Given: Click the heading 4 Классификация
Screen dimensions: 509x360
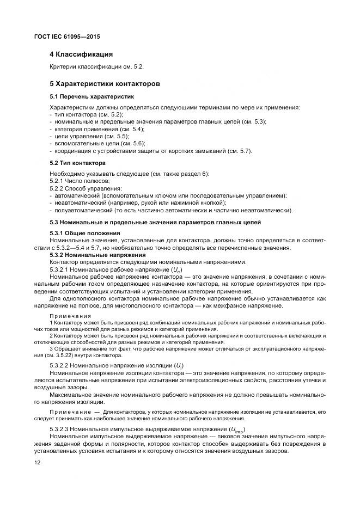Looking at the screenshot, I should tap(81, 54).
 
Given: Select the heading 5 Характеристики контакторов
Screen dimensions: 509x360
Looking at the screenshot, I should tap(105, 84).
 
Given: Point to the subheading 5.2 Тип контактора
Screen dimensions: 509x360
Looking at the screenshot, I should tap(77, 163).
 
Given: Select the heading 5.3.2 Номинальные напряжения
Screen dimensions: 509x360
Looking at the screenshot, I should tap(97, 255).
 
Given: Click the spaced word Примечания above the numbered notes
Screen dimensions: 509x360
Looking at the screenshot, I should tap(70, 316).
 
